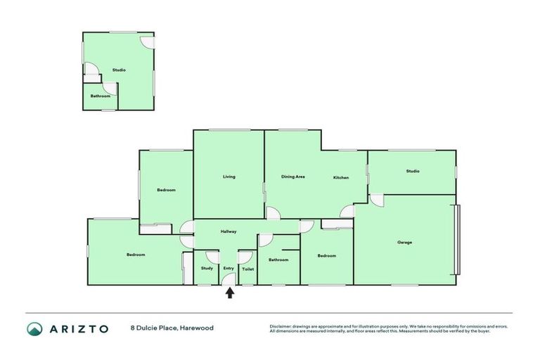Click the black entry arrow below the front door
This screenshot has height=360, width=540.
coord(229,292)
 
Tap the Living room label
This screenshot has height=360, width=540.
coord(229,176)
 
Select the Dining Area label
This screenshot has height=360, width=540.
coord(292,176)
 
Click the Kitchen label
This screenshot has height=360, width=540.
coord(341,177)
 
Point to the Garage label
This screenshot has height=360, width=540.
coord(404,243)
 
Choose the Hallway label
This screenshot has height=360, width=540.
coord(229,231)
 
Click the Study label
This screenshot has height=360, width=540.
coord(207,268)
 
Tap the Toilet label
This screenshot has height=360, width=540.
coord(247,269)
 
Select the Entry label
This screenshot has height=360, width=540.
coord(229,268)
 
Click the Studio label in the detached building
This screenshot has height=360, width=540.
coord(119,70)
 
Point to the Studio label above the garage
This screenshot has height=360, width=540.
coord(412,171)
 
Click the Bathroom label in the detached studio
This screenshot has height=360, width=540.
coord(100,96)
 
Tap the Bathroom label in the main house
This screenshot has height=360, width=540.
coord(278,259)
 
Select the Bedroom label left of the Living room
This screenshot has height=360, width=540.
coord(166,190)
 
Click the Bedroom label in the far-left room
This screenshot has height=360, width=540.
coord(136,255)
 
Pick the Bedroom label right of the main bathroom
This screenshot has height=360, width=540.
coord(326,256)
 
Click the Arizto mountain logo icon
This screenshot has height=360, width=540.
coord(34,328)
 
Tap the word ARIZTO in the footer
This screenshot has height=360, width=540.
coord(78,328)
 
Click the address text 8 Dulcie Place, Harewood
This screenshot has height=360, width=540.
coord(172,328)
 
